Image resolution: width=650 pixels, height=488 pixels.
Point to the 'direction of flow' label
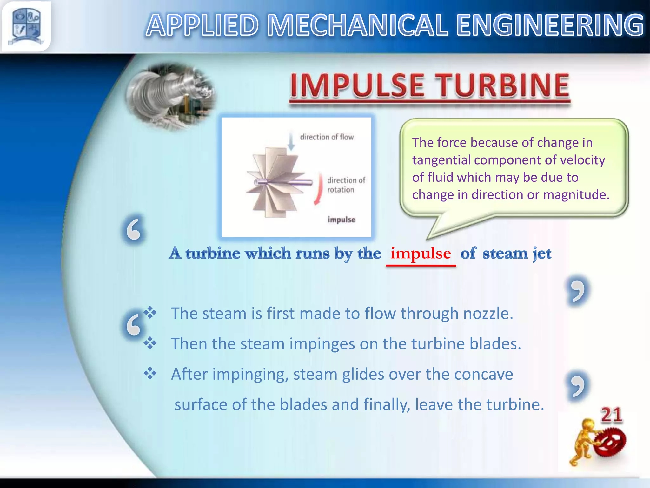327,137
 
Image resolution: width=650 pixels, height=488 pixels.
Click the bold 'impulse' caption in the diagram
341,220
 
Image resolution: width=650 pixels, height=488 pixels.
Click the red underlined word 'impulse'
420,254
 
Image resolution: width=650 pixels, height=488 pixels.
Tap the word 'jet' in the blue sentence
542,254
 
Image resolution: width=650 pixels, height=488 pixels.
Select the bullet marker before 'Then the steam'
150,343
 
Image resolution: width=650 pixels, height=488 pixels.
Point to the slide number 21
611,415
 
